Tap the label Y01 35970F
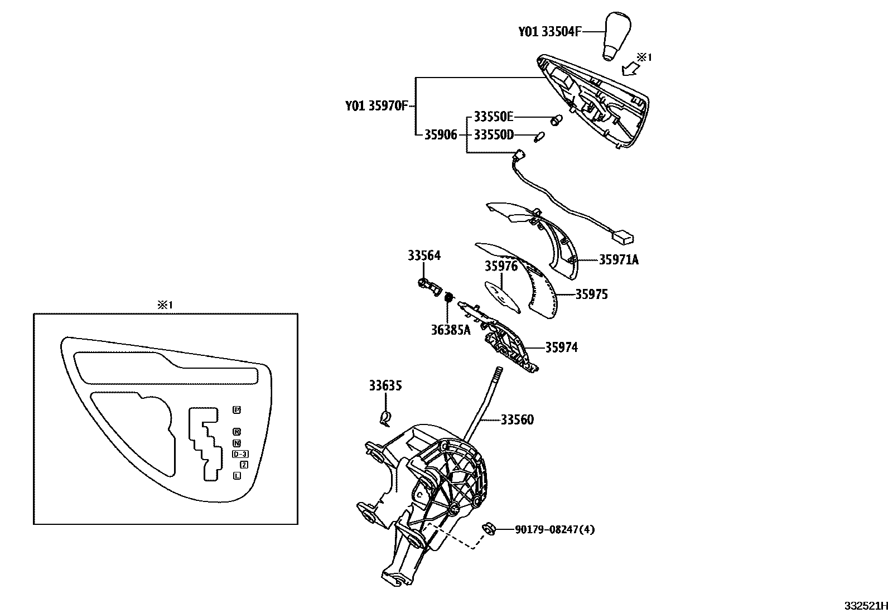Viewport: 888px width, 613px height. tap(378, 105)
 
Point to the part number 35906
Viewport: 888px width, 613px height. tap(441, 135)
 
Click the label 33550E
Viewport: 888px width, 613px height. tap(494, 117)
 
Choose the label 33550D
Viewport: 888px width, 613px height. tap(494, 135)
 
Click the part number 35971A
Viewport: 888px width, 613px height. tap(619, 259)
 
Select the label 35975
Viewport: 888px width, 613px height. tap(592, 295)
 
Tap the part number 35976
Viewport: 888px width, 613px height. tap(501, 266)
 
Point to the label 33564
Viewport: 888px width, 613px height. tap(424, 255)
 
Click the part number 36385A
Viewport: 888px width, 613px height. tap(450, 330)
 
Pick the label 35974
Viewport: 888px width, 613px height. tap(561, 347)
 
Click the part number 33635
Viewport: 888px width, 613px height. tap(385, 385)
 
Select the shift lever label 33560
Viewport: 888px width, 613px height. tap(517, 419)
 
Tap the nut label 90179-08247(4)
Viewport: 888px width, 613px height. tap(554, 529)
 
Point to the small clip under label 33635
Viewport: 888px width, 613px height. tap(385, 416)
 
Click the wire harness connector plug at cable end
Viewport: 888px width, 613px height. tap(622, 238)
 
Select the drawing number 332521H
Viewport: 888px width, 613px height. tap(865, 606)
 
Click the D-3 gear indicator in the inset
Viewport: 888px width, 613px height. tap(240, 454)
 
